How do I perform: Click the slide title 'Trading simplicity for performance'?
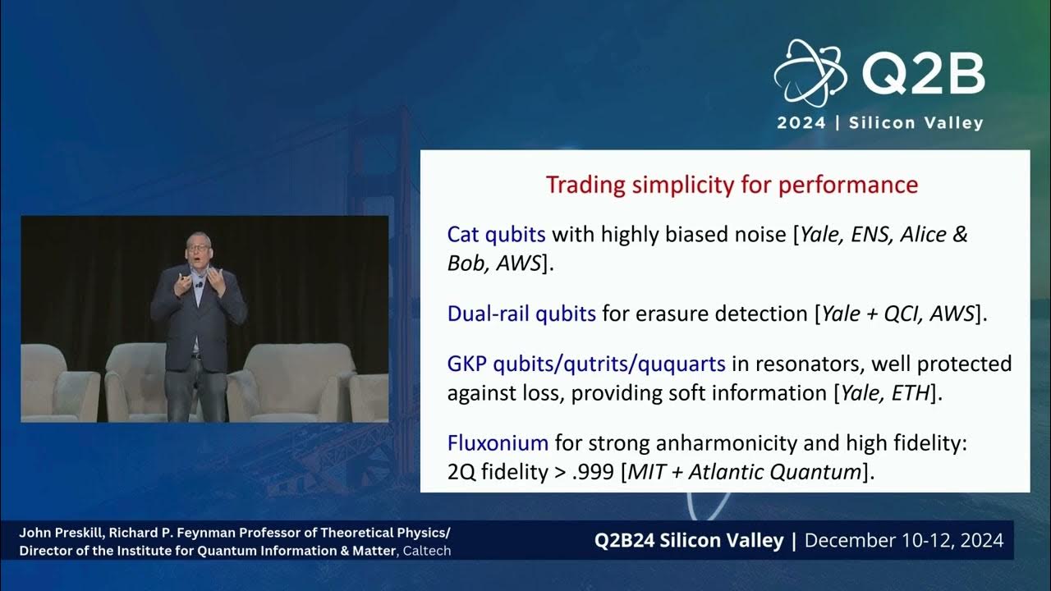[x=732, y=185]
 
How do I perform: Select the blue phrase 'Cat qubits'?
[x=496, y=235]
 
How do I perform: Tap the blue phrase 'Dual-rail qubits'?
[x=521, y=314]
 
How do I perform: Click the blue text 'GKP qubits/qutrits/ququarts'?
[x=586, y=363]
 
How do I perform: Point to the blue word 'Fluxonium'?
[x=498, y=443]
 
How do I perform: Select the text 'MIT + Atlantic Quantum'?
[x=746, y=472]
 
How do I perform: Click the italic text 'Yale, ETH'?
[x=885, y=393]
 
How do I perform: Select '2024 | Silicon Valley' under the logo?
[x=880, y=123]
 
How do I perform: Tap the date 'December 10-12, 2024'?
[x=904, y=540]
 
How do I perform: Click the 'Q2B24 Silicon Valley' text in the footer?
[x=690, y=540]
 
